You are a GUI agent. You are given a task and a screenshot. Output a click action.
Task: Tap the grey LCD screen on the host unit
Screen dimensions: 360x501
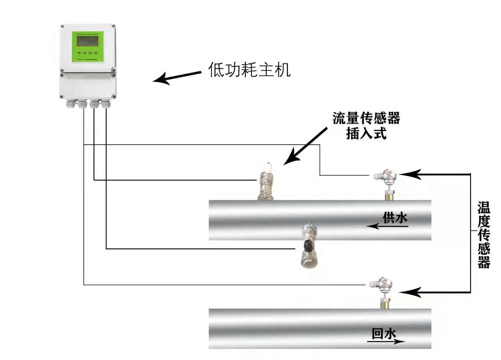click(87, 41)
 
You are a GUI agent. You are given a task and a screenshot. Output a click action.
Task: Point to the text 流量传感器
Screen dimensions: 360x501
click(366, 118)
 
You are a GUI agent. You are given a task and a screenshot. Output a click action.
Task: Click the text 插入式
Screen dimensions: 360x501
click(366, 134)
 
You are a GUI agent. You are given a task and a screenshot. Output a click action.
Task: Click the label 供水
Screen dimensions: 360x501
click(395, 218)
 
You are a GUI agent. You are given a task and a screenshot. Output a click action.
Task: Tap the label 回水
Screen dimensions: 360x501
click(384, 333)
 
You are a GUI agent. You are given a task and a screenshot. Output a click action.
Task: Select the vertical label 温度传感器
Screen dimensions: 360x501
click(484, 235)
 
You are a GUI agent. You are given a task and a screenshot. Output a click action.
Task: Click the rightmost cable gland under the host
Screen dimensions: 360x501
click(106, 104)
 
